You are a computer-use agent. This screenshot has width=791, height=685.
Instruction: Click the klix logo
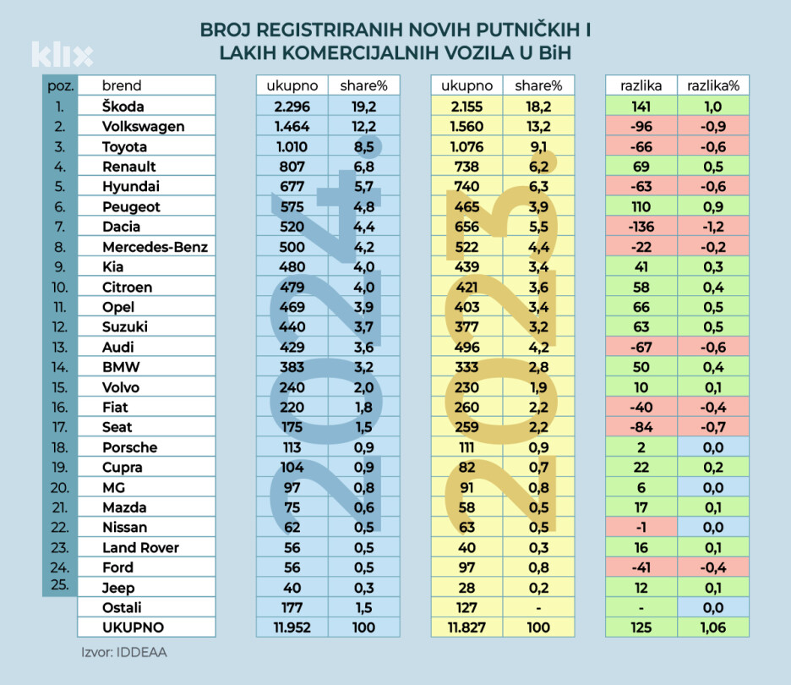[62, 54]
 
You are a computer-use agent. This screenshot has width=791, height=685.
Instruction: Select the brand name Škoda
[123, 107]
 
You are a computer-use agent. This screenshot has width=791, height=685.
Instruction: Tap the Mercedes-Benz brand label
[155, 247]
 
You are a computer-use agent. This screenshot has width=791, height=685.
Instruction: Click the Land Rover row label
[140, 547]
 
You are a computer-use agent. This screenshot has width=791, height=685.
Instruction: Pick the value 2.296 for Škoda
[292, 107]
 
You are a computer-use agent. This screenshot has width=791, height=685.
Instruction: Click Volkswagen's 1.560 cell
[466, 127]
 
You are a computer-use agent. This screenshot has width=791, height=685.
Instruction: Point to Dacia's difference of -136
[641, 227]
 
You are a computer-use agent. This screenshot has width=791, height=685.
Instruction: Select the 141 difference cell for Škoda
[641, 107]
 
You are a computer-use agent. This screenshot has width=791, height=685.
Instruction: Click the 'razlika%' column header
[713, 85]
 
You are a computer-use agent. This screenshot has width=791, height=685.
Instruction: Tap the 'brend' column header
[122, 85]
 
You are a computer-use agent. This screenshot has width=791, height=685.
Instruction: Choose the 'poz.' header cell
[59, 85]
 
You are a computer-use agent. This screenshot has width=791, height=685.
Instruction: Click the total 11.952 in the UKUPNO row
[292, 627]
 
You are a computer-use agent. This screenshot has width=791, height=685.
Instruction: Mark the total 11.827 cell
[466, 627]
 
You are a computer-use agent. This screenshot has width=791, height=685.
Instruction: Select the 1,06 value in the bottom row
[713, 627]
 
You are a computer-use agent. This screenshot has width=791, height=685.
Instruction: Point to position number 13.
[59, 347]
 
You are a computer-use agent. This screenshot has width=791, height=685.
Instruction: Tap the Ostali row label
[122, 607]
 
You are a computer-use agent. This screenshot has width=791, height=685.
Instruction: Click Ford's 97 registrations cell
[466, 567]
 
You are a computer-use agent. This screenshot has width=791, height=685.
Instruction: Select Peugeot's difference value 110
[641, 206]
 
